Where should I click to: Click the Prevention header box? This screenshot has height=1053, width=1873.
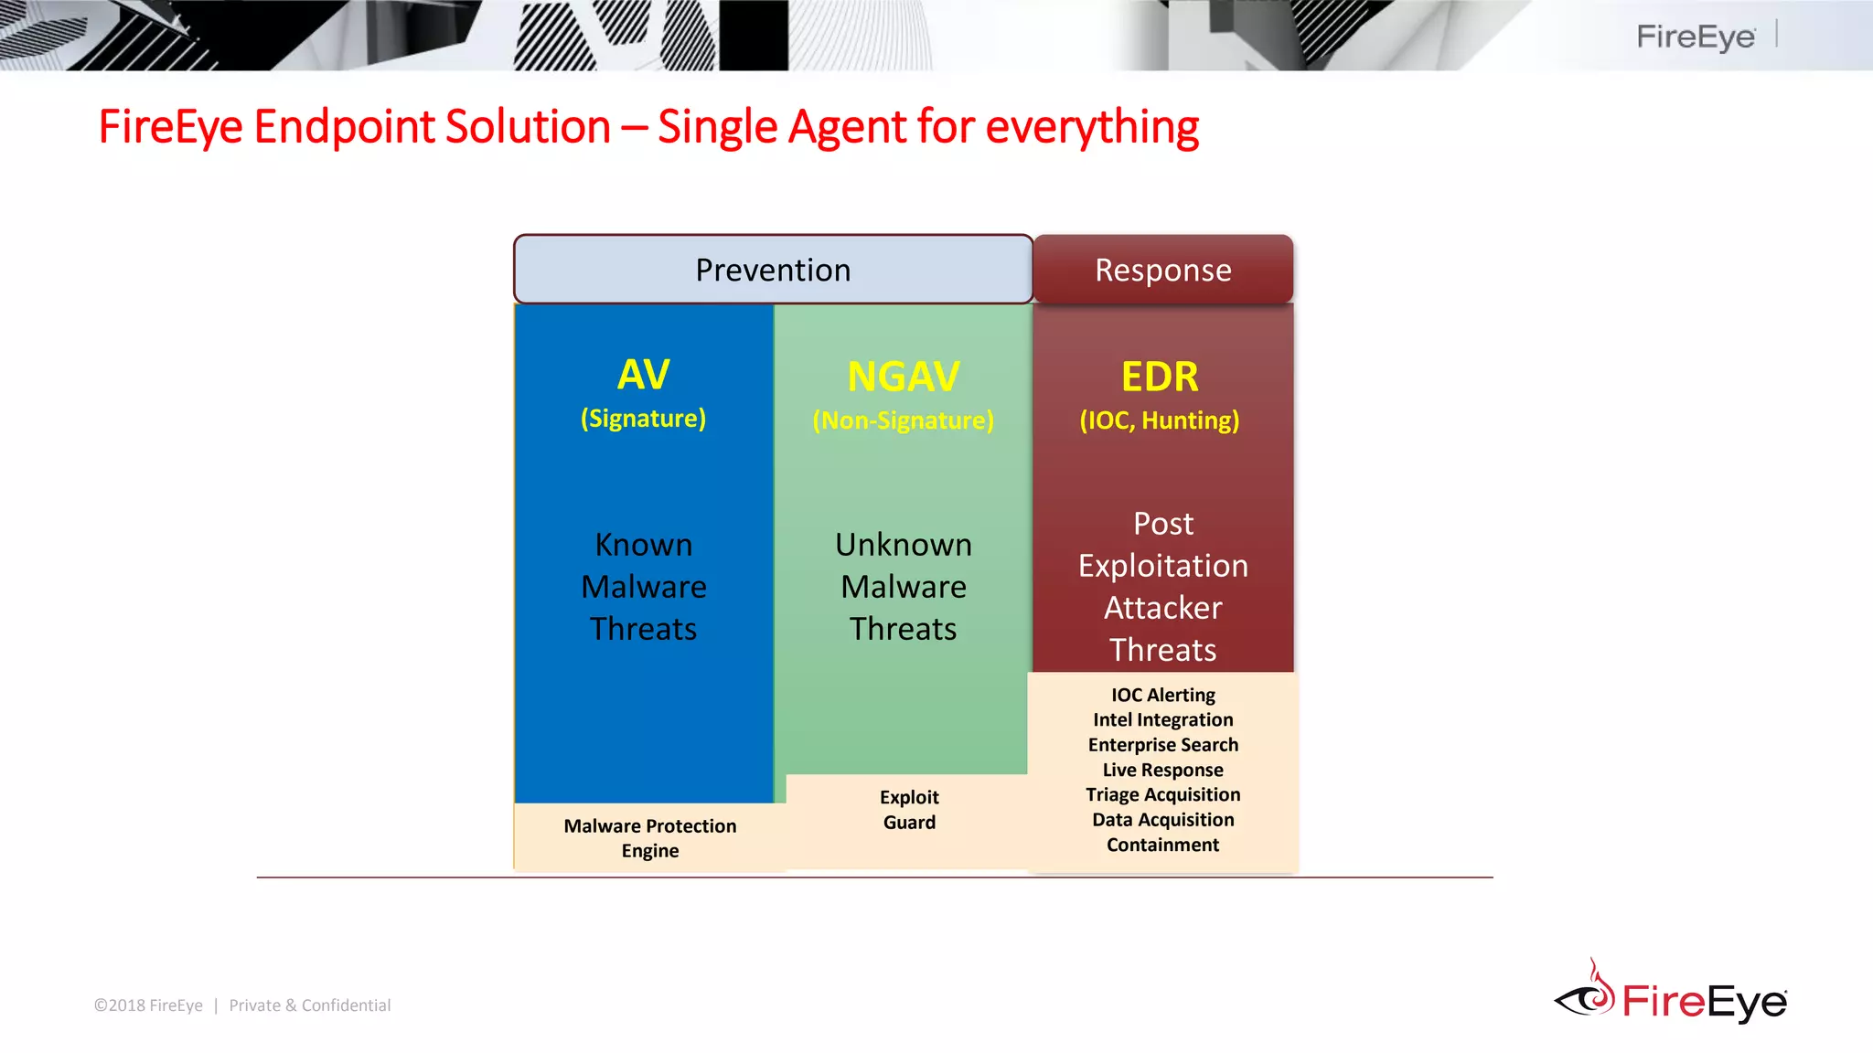(x=773, y=270)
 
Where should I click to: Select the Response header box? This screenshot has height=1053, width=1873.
(x=1162, y=270)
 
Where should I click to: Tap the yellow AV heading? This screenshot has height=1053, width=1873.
(x=643, y=374)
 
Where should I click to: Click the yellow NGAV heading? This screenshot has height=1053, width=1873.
(x=903, y=377)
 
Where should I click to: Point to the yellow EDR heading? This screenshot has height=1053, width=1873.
(x=1160, y=377)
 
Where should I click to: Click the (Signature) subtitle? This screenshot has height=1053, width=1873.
(x=643, y=419)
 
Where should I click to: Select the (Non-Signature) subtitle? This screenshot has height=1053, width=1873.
(x=903, y=420)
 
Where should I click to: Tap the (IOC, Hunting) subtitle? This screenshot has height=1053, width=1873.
(x=1160, y=420)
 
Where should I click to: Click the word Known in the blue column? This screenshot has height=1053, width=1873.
(x=643, y=545)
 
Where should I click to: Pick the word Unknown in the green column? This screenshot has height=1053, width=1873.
(x=903, y=545)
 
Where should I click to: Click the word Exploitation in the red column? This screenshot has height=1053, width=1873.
(x=1162, y=566)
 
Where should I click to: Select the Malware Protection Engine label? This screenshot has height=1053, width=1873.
(x=650, y=837)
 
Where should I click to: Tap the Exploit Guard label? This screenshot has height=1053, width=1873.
(x=909, y=809)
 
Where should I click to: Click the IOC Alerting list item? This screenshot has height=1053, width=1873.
(x=1162, y=696)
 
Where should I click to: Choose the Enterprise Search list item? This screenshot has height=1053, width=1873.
(x=1162, y=745)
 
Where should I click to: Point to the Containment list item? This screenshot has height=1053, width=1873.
(x=1162, y=845)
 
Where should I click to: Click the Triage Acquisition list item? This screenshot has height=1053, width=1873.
(x=1162, y=794)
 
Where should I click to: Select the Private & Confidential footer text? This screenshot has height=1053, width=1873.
(x=309, y=1005)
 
